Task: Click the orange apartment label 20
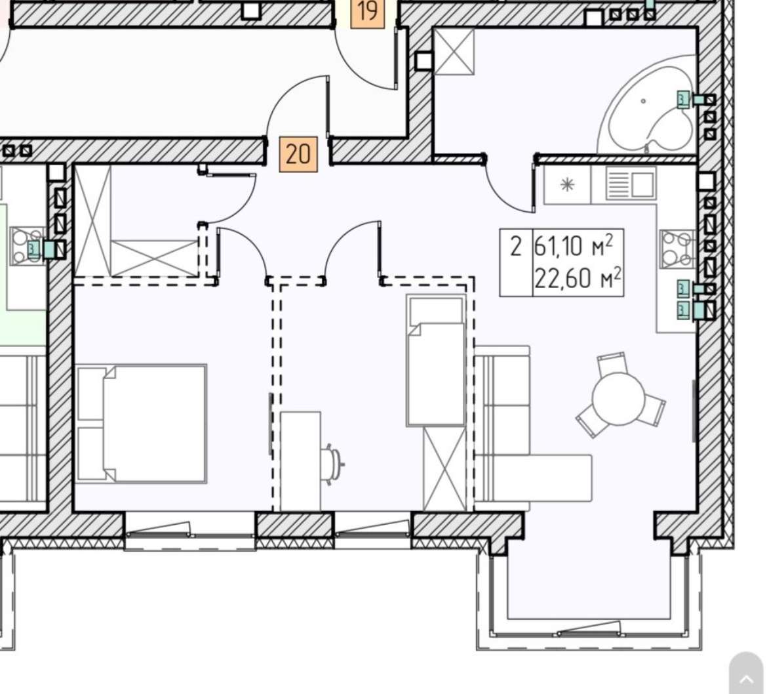(x=298, y=154)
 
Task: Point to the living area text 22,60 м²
(x=578, y=279)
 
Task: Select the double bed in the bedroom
(x=142, y=423)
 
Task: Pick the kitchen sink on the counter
(x=631, y=183)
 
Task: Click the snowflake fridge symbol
(x=567, y=184)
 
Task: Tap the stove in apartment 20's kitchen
(x=677, y=249)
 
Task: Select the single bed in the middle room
(x=436, y=360)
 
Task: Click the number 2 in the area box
(x=515, y=246)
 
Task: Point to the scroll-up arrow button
(x=747, y=678)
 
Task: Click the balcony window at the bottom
(x=589, y=631)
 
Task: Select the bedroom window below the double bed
(x=190, y=531)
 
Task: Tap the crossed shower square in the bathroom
(x=454, y=51)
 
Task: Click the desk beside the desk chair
(x=301, y=462)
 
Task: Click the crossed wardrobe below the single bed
(x=445, y=469)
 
